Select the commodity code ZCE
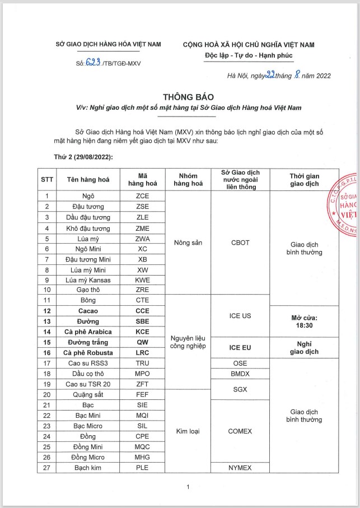pos(142,196)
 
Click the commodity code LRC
pos(142,353)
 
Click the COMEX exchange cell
pos(240,431)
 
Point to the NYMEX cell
pos(240,468)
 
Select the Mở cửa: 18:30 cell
pos(305,320)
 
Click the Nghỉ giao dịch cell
pos(305,347)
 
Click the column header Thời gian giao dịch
pos(305,180)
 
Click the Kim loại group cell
pos(188,431)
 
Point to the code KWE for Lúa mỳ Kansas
pos(142,279)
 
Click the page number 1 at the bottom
pos(189,487)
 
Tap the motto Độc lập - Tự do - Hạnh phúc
pos(249,55)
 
